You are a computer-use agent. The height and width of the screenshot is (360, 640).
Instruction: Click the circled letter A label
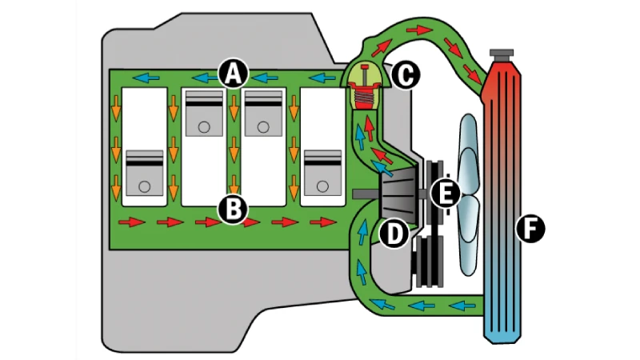233,74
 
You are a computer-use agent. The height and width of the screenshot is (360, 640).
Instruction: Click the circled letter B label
233,210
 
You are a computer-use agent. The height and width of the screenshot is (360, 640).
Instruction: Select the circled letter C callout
406,75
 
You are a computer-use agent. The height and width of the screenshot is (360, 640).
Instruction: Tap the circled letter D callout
394,233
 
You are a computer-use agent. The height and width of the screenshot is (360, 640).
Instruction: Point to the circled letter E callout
446,193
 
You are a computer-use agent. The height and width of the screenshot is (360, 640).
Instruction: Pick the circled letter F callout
530,228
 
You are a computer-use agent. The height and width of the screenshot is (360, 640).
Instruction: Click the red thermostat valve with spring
365,90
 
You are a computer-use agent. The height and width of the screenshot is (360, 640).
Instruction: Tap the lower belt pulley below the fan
429,262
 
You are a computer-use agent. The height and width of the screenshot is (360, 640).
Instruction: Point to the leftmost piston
145,173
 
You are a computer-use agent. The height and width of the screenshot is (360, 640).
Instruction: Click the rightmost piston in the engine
323,173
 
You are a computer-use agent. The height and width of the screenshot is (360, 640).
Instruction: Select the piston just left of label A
204,114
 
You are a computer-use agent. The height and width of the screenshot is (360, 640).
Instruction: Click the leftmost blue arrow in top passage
146,78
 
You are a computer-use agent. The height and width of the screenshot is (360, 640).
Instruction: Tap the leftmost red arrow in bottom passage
131,222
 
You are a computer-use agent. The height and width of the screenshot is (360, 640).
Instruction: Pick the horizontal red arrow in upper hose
419,30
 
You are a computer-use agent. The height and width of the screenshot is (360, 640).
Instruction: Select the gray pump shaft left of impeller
366,194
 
